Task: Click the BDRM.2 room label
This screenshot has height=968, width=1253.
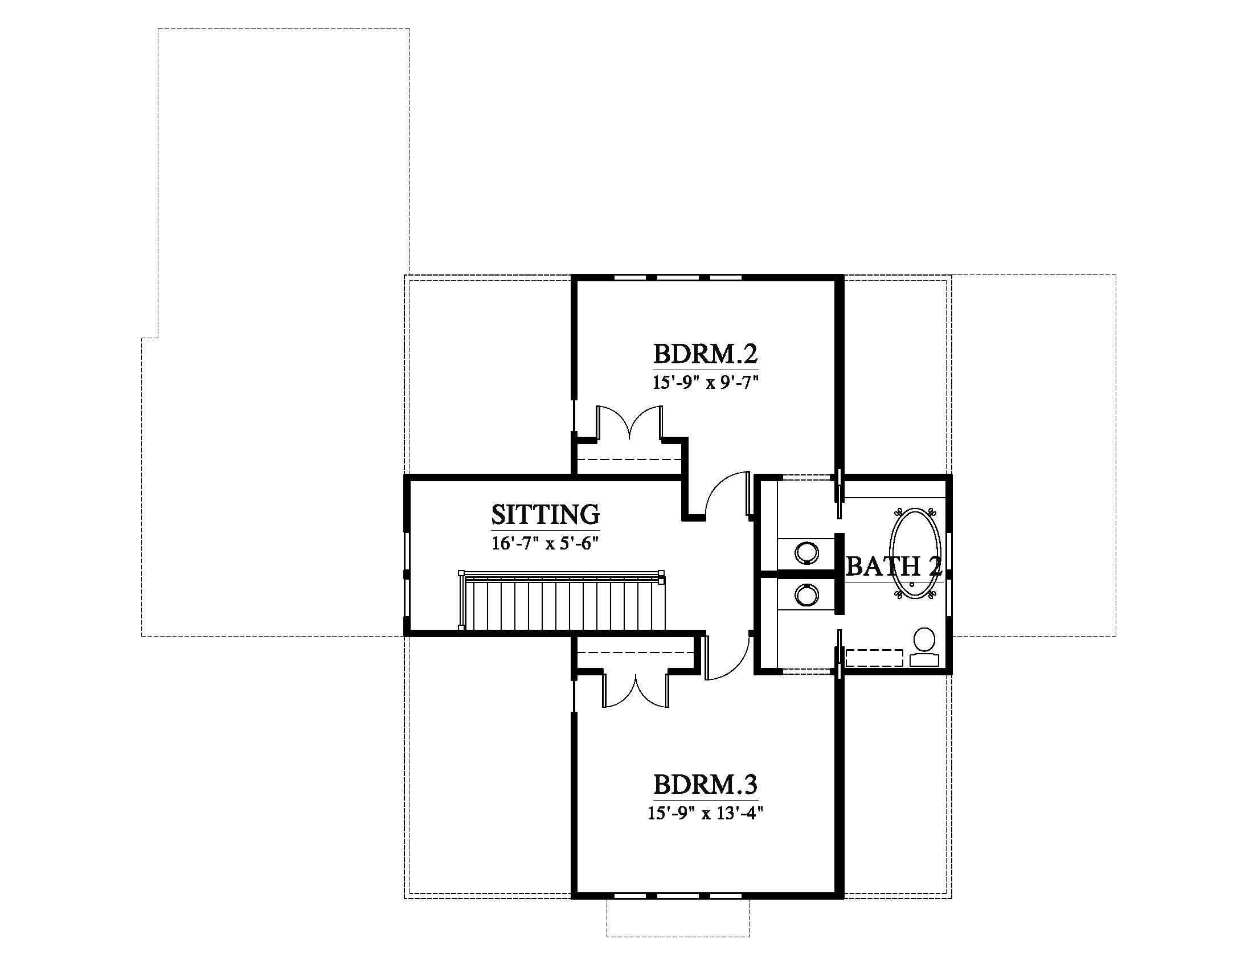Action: click(x=705, y=354)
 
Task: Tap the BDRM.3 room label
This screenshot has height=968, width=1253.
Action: click(x=705, y=784)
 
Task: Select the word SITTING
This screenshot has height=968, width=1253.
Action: click(x=545, y=514)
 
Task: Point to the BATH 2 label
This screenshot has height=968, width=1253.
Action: click(x=894, y=567)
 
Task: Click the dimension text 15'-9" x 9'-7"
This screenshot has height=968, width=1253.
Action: click(x=705, y=383)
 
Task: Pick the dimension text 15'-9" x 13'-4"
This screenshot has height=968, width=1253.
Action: click(x=705, y=813)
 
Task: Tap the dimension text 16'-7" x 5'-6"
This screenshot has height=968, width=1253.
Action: click(x=545, y=543)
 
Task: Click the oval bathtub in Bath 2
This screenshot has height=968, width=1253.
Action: click(x=915, y=553)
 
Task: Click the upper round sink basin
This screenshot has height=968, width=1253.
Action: click(x=807, y=552)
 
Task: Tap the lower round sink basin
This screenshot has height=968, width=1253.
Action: click(x=807, y=595)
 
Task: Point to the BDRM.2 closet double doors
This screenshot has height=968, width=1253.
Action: click(x=630, y=423)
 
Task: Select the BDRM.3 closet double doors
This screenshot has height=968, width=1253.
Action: click(x=636, y=689)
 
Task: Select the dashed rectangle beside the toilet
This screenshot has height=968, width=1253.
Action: click(x=875, y=658)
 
